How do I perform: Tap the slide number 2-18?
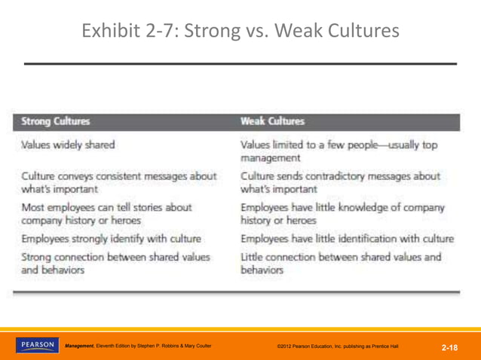450,347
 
